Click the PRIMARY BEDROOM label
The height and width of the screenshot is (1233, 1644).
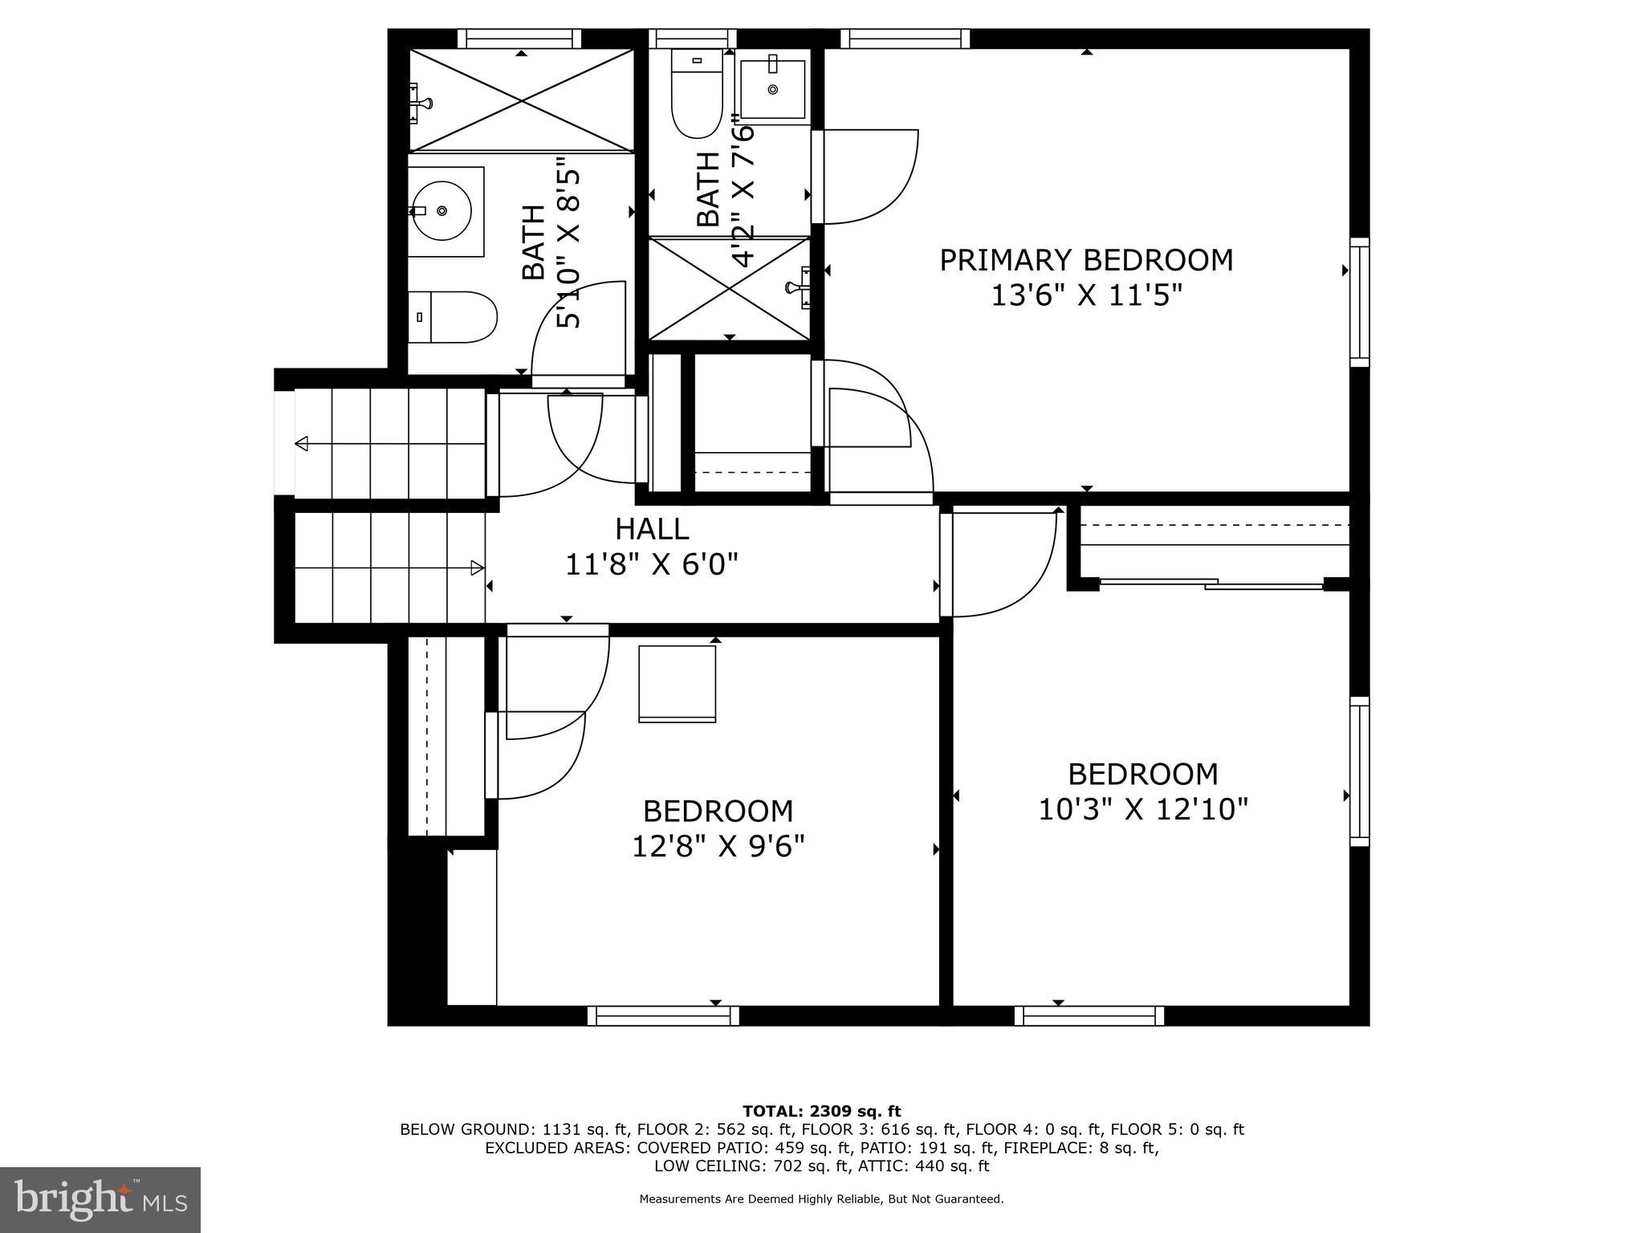(x=1086, y=260)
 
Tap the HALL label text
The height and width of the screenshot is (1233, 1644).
(x=652, y=529)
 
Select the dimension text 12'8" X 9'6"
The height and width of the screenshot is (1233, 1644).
(x=718, y=846)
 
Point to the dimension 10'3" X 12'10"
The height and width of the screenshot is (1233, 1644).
(x=1143, y=809)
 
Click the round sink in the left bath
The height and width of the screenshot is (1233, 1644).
(x=442, y=211)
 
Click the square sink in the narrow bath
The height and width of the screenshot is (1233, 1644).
(x=773, y=89)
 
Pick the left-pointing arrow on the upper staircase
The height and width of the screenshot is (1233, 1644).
(x=303, y=443)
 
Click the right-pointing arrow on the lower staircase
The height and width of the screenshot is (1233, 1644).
(x=477, y=568)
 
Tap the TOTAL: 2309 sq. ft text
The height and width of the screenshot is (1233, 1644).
(x=821, y=1112)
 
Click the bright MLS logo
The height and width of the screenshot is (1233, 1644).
(x=100, y=1199)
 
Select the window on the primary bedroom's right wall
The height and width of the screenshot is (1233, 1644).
(x=1359, y=303)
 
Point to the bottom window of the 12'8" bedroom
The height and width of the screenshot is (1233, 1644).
(x=663, y=1016)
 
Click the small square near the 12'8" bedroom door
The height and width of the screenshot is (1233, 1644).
(x=677, y=683)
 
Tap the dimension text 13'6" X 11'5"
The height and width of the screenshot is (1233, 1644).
(x=1086, y=296)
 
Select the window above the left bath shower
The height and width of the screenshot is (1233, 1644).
(x=519, y=39)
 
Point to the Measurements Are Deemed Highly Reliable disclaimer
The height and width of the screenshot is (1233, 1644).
(x=821, y=1199)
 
